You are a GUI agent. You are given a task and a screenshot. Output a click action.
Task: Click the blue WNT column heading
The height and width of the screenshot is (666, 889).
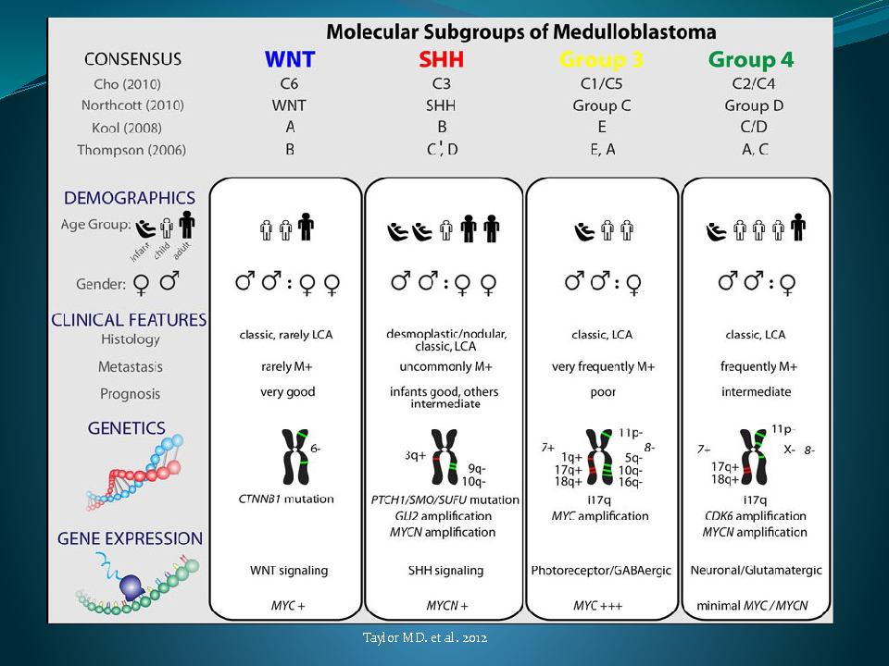(290, 60)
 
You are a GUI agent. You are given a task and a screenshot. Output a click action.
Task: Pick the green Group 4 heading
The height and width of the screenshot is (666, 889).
(751, 60)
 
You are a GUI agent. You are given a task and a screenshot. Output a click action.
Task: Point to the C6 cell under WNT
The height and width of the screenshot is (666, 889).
(290, 83)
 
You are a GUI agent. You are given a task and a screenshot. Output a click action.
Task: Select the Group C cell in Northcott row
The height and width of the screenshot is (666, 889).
(601, 105)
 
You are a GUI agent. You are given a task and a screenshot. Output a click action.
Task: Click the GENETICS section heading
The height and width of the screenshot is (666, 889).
(127, 428)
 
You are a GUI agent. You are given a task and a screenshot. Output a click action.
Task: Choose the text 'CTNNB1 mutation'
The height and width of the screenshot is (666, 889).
(286, 499)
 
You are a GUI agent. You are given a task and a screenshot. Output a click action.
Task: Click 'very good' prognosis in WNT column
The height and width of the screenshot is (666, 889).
(287, 392)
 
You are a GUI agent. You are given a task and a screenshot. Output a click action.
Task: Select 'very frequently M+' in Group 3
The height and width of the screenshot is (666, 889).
(602, 367)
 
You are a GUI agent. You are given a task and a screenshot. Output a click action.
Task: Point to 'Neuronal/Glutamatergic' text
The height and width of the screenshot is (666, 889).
(755, 571)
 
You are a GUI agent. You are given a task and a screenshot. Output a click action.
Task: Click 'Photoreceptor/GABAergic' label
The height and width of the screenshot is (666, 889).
(601, 571)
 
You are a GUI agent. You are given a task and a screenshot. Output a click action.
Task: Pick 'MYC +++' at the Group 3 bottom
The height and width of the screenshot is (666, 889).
(601, 606)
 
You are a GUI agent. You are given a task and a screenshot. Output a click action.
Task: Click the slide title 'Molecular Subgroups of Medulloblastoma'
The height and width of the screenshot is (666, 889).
(521, 32)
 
